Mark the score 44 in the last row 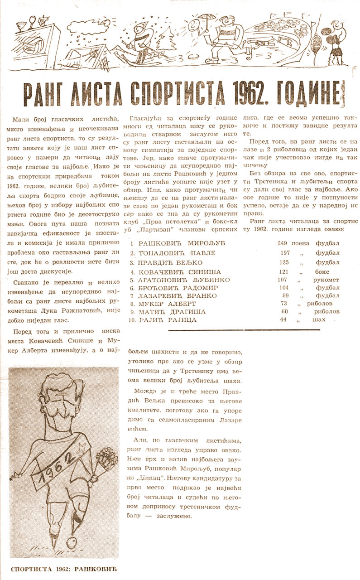coord(283,320)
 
